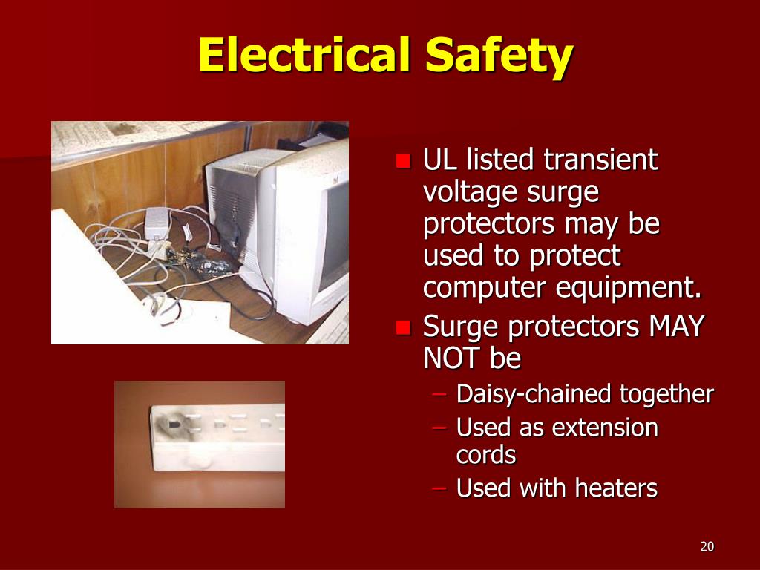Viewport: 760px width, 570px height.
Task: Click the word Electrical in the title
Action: [x=304, y=56]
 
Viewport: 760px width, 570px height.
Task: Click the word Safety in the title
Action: [x=499, y=56]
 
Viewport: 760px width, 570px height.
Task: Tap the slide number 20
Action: [x=707, y=547]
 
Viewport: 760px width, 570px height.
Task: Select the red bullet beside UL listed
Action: [x=404, y=161]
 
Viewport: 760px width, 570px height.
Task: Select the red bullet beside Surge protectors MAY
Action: [x=404, y=327]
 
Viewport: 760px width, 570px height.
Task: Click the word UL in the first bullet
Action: [x=439, y=160]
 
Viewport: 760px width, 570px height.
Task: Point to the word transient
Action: [x=600, y=160]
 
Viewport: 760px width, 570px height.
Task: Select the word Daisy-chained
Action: [x=526, y=394]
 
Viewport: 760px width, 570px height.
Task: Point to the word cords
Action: [x=486, y=455]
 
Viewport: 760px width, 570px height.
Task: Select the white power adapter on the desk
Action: [x=156, y=221]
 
